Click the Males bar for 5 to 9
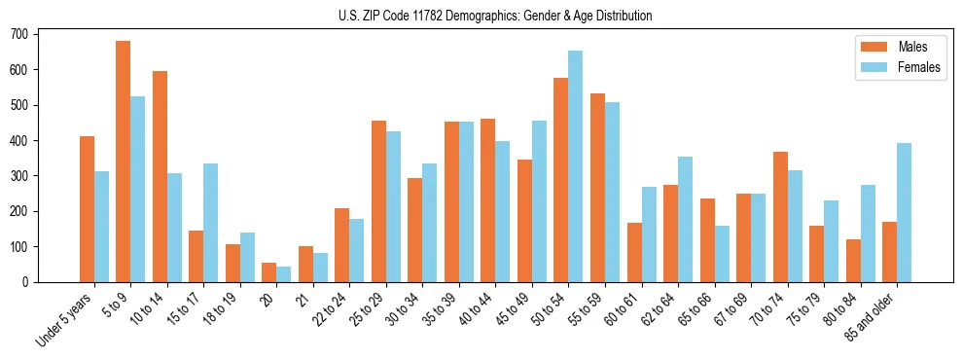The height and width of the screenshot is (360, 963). click(124, 162)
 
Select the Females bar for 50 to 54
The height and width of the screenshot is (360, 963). click(576, 166)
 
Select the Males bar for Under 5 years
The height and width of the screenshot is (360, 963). click(87, 209)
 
